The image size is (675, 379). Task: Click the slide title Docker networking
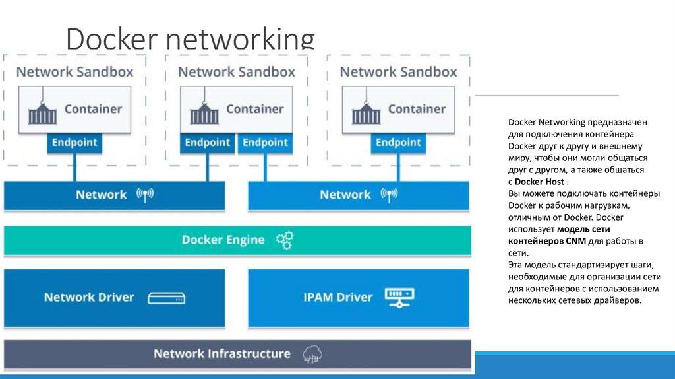pyautogui.click(x=190, y=40)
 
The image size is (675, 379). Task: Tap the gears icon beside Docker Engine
pyautogui.click(x=285, y=240)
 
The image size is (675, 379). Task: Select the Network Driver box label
pyautogui.click(x=89, y=297)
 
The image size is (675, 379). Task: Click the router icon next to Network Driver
pyautogui.click(x=166, y=298)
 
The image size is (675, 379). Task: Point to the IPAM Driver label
pyautogui.click(x=337, y=297)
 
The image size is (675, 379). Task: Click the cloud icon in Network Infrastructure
pyautogui.click(x=312, y=355)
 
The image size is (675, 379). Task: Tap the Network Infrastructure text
pyautogui.click(x=221, y=354)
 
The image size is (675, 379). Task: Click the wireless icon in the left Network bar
pyautogui.click(x=144, y=195)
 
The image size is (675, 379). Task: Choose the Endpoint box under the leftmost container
pyautogui.click(x=74, y=143)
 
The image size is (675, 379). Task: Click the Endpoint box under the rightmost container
pyautogui.click(x=398, y=143)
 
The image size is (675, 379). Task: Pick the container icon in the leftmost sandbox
pyautogui.click(x=42, y=112)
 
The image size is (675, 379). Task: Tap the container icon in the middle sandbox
pyautogui.click(x=204, y=112)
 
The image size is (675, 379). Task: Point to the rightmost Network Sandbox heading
pyautogui.click(x=398, y=72)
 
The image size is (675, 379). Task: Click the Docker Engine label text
pyautogui.click(x=223, y=240)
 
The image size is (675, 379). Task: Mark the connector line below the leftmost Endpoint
pyautogui.click(x=74, y=168)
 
